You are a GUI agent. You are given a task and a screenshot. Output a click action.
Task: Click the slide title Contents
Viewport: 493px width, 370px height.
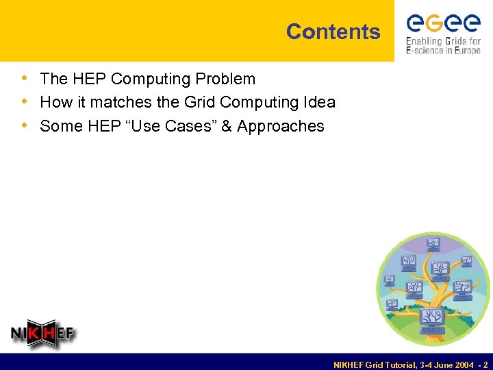(x=333, y=32)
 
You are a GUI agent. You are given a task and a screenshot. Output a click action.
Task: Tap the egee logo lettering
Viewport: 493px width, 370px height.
(x=444, y=23)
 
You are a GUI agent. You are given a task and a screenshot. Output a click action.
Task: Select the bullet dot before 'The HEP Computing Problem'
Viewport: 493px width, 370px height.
(x=25, y=79)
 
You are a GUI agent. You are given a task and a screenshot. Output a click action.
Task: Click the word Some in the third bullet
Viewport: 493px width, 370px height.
(x=59, y=126)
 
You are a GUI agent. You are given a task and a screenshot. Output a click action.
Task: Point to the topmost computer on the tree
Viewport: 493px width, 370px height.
(x=433, y=243)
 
